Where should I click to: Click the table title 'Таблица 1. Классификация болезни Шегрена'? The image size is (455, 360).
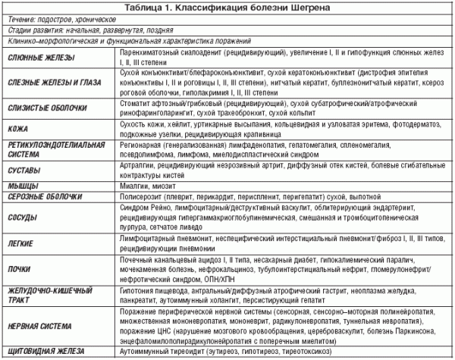pyautogui.click(x=227, y=8)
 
